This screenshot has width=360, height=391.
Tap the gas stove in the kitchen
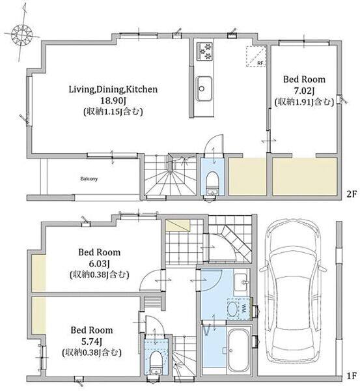(204, 51)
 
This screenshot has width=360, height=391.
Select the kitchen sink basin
(204, 89)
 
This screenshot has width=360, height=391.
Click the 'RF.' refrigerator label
(260, 63)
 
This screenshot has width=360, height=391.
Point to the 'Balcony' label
(89, 179)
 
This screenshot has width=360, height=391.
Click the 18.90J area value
(113, 100)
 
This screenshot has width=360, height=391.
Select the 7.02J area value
(304, 91)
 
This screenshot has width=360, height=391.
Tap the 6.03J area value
(100, 263)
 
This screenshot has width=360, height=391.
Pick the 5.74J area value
(91, 341)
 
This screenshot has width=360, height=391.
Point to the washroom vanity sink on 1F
(241, 282)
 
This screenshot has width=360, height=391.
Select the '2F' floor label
(352, 194)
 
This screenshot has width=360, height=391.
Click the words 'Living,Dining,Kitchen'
(113, 89)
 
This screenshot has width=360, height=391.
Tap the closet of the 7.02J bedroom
(305, 177)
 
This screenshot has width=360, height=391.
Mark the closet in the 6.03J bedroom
(38, 273)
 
